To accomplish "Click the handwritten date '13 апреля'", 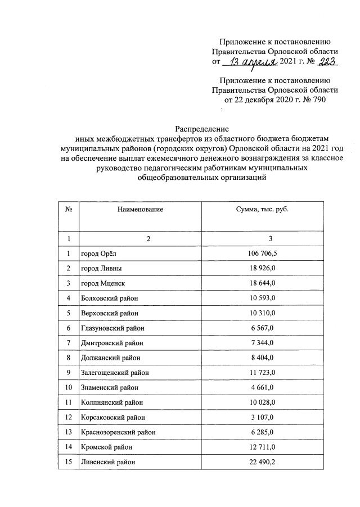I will coord(252,61).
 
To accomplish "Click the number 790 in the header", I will coord(317,99).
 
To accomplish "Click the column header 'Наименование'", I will coord(140,209).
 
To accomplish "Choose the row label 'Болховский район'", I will coord(110,297).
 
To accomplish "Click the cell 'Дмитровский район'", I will coord(112,342).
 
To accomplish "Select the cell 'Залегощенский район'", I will coord(114,373).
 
